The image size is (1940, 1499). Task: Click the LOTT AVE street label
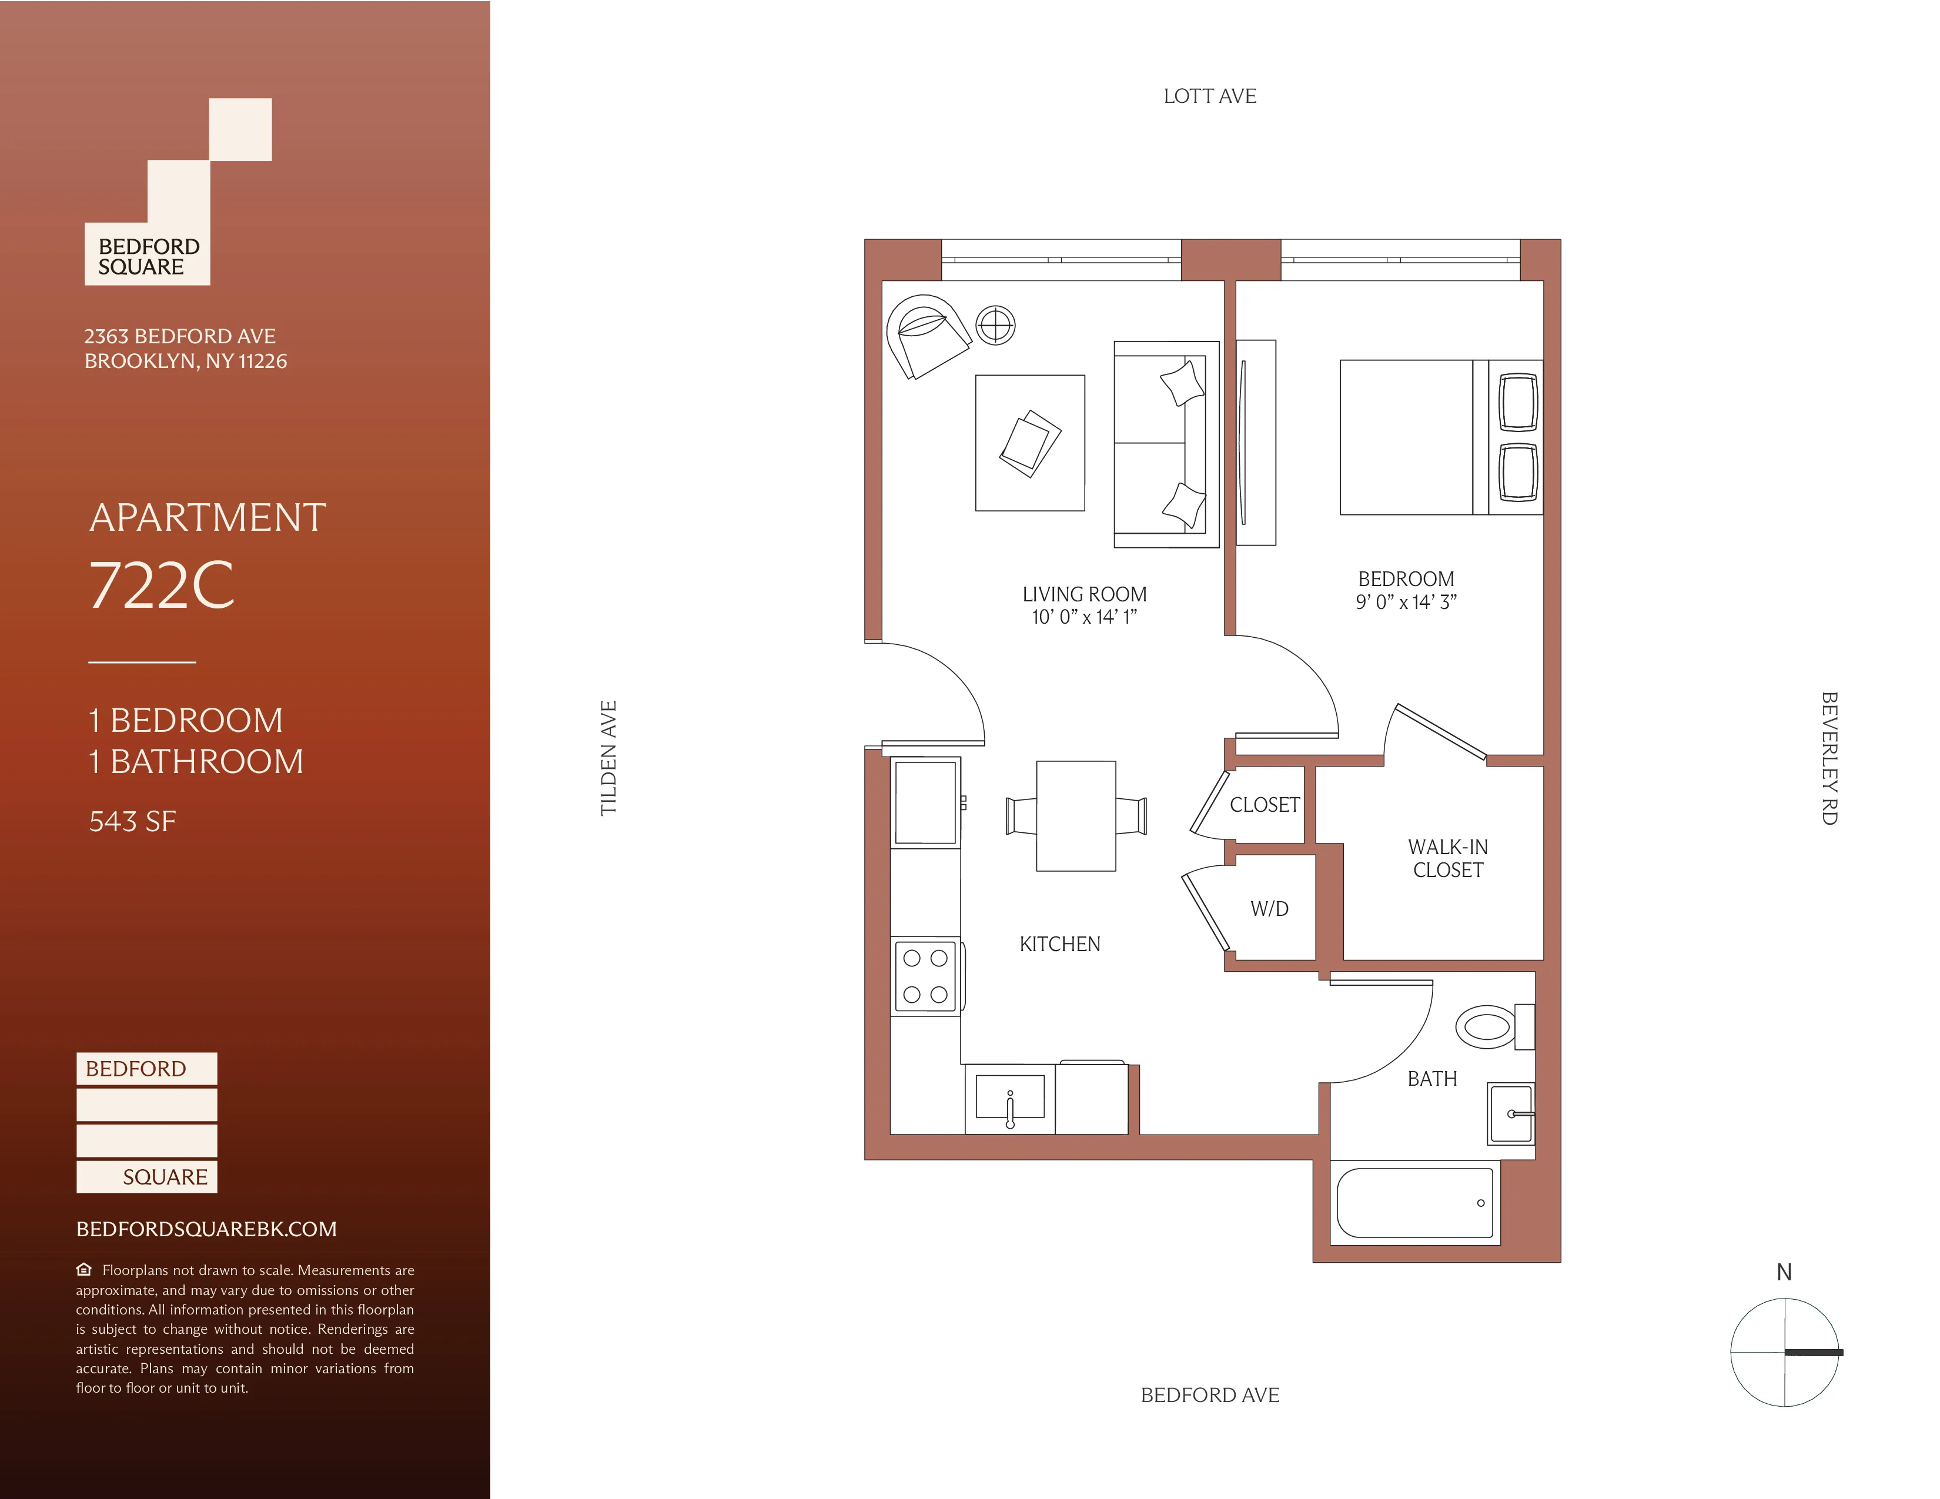(x=1210, y=96)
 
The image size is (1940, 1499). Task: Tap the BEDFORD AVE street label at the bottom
(x=1210, y=1395)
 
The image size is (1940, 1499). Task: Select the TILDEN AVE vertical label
(x=608, y=758)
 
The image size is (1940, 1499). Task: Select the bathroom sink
(x=1510, y=1113)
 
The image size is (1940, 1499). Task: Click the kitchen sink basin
(x=1010, y=1097)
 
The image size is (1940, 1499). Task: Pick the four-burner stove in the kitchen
(x=925, y=976)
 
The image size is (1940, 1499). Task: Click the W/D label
(x=1269, y=908)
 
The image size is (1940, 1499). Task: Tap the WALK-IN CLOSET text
(x=1448, y=859)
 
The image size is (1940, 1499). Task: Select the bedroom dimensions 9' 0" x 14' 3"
(x=1406, y=602)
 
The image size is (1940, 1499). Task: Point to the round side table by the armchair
(x=996, y=325)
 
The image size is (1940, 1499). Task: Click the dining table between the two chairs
(x=1076, y=815)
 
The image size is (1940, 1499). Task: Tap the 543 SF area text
(x=132, y=821)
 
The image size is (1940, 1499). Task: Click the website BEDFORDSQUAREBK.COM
(x=206, y=1229)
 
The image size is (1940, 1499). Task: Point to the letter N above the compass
(x=1784, y=1273)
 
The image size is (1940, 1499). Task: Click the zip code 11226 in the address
(x=263, y=362)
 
